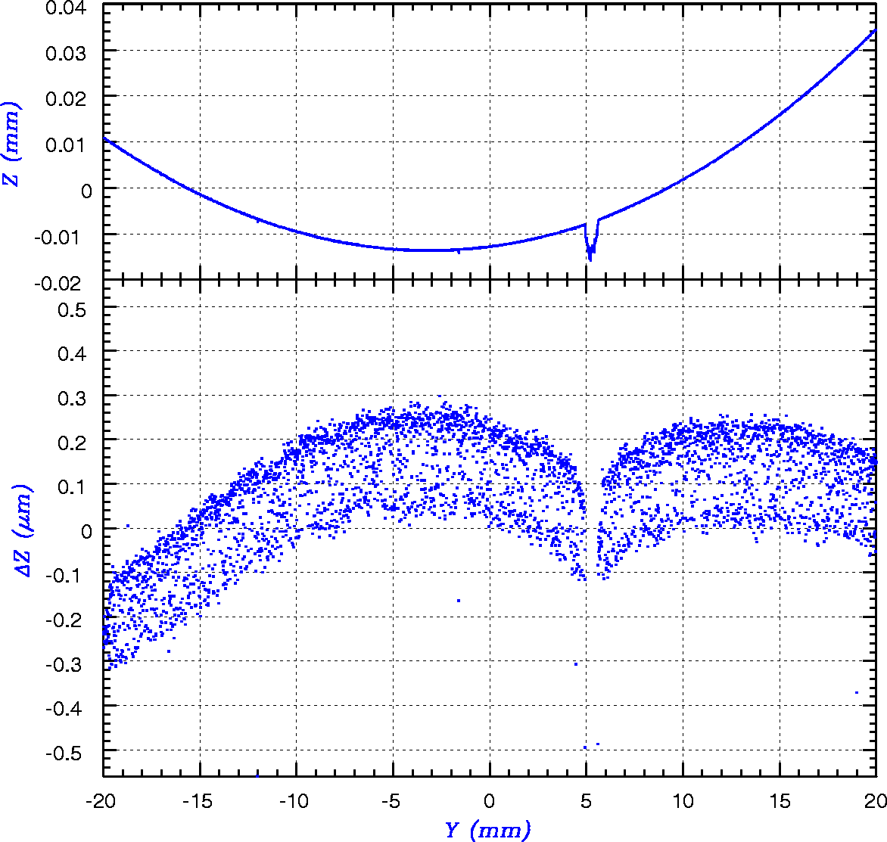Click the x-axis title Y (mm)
click(487, 830)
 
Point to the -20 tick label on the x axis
click(103, 800)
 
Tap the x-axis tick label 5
click(587, 800)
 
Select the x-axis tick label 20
click(876, 800)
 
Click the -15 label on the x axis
click(200, 800)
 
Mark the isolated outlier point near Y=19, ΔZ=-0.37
click(857, 692)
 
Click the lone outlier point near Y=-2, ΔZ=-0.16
click(458, 601)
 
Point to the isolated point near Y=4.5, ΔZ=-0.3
click(576, 664)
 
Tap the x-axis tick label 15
click(780, 800)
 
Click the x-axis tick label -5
click(393, 800)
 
